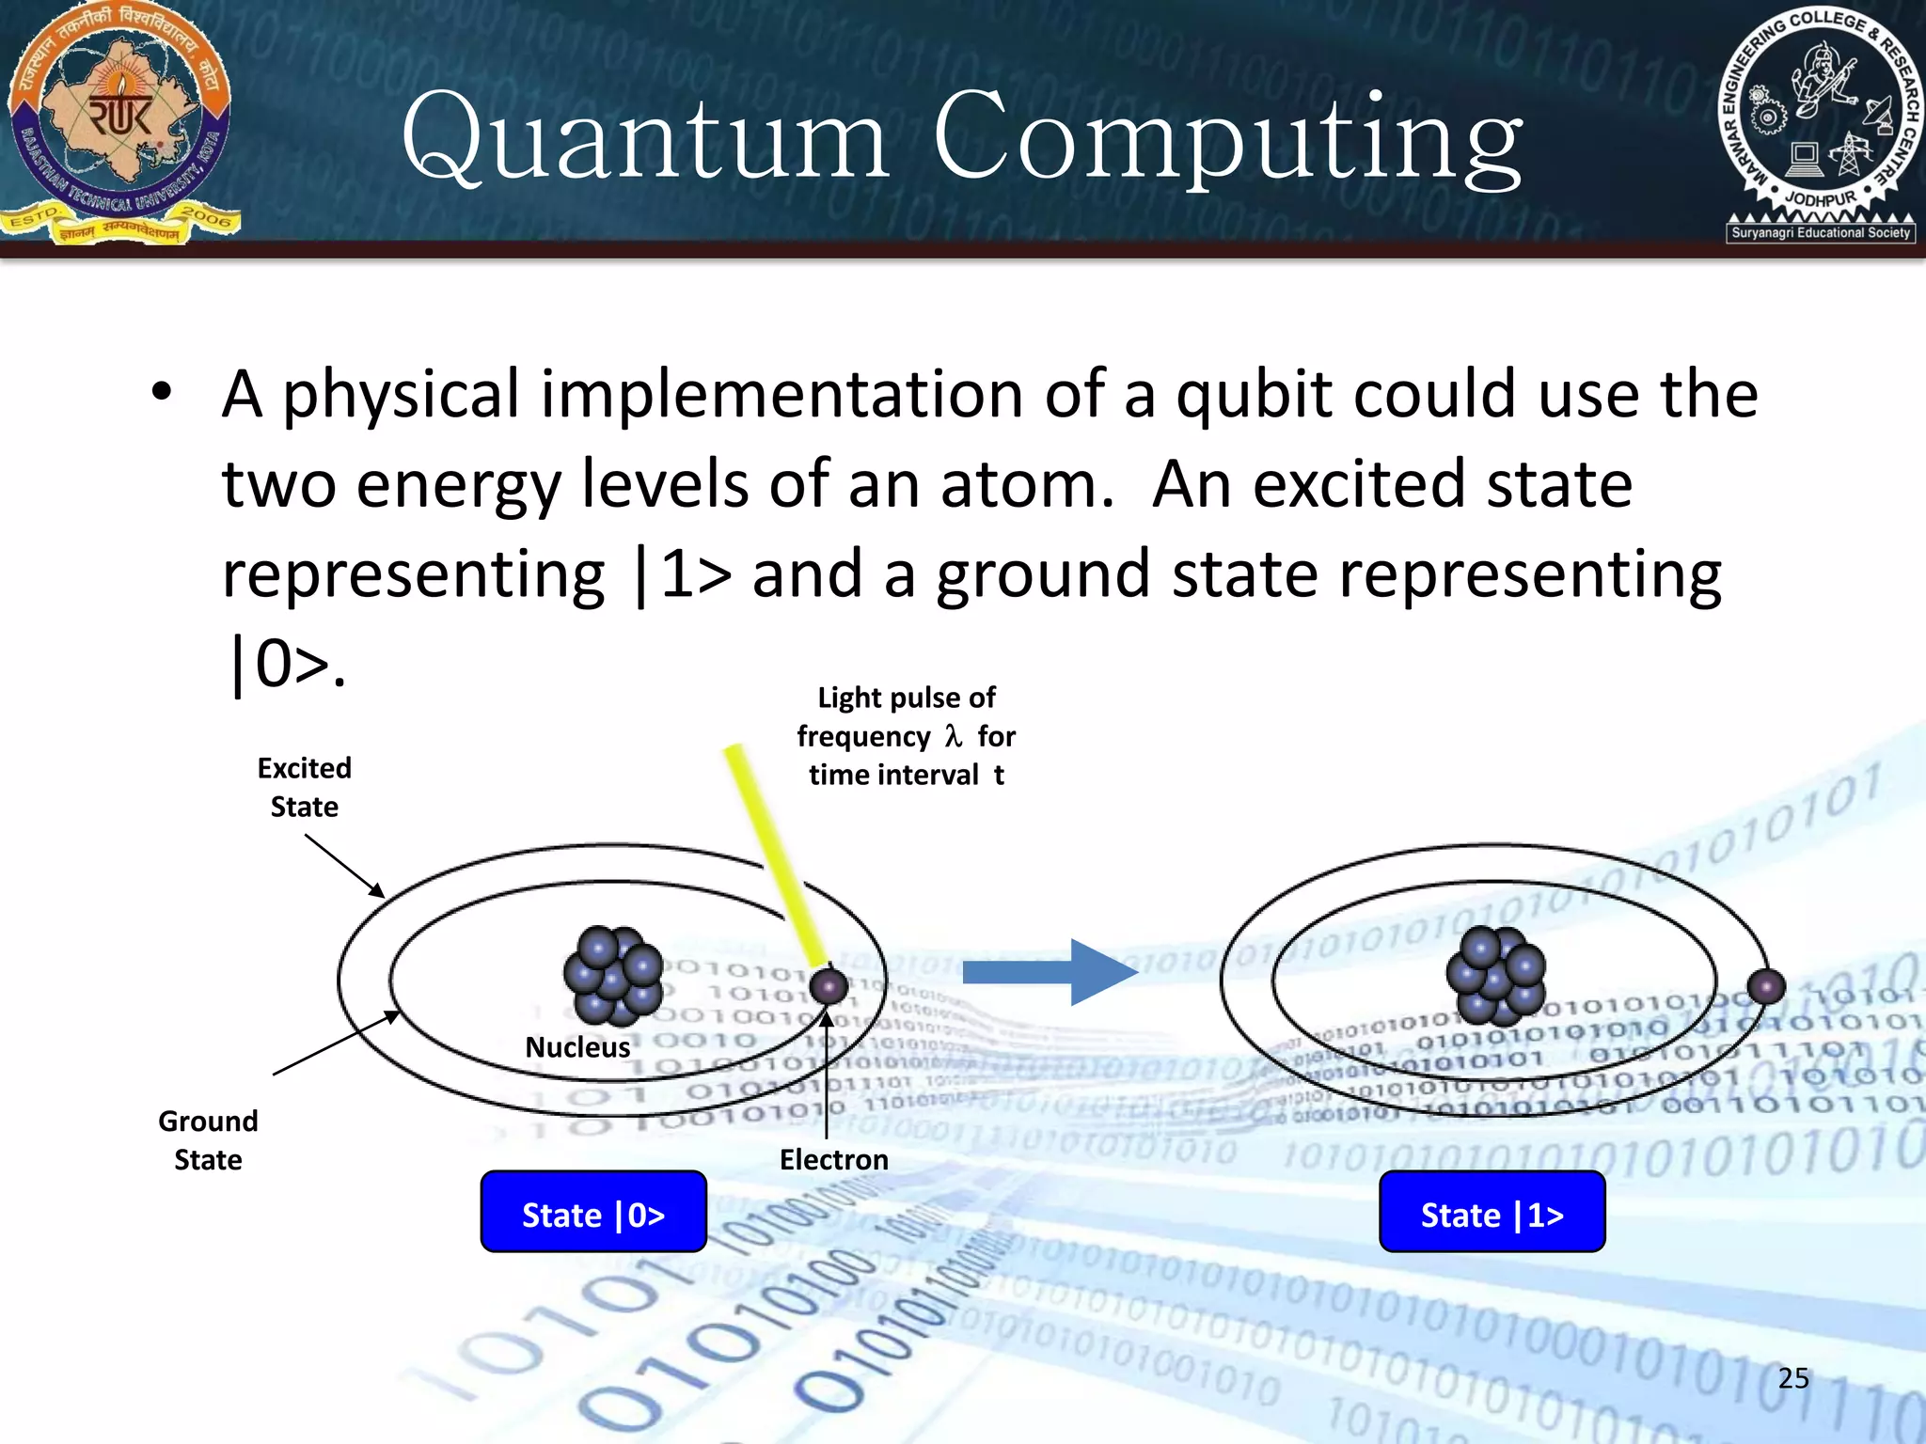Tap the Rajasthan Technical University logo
click(x=120, y=123)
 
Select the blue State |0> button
click(x=593, y=1212)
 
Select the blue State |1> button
click(x=1492, y=1212)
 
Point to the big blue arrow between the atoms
click(x=1049, y=972)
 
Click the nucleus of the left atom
click(x=613, y=976)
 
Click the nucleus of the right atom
click(x=1495, y=976)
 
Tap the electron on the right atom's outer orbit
click(x=1765, y=987)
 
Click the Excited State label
click(x=304, y=787)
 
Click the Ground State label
click(x=208, y=1139)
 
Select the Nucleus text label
click(x=577, y=1047)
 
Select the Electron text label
click(x=833, y=1159)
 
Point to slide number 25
click(x=1793, y=1378)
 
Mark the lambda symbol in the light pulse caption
click(x=954, y=735)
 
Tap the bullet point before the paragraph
click(x=162, y=394)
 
